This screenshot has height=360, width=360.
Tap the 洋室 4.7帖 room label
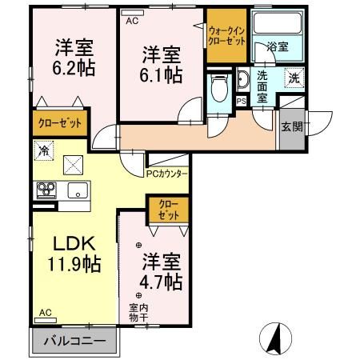[162, 272]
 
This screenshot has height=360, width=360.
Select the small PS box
[241, 101]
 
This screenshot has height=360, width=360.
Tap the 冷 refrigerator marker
[42, 150]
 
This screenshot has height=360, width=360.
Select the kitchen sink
[78, 190]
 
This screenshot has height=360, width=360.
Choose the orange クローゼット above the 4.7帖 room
[168, 210]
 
